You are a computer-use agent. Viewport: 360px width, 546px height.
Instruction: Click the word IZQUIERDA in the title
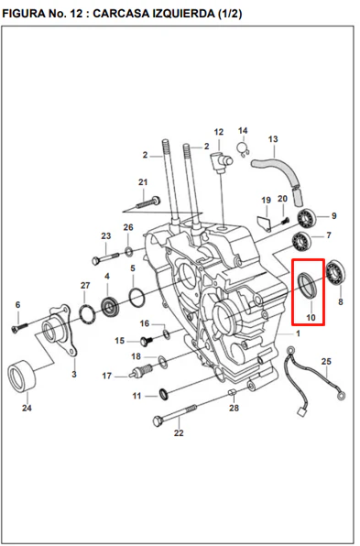tap(180, 14)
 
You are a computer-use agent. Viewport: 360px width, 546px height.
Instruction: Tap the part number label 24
tap(27, 408)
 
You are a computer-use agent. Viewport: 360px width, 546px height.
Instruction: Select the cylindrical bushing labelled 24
tap(22, 377)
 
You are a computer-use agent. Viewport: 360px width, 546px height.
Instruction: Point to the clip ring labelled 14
tap(243, 148)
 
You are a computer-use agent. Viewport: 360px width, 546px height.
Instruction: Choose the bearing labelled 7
tap(301, 241)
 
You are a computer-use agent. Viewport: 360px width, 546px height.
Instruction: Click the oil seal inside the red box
tap(309, 286)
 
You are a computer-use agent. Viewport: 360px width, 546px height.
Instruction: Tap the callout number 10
tap(311, 317)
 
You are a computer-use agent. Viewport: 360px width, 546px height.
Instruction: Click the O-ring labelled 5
tap(136, 295)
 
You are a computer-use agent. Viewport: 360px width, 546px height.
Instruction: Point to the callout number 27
tap(85, 286)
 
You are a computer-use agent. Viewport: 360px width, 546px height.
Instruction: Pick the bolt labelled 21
tap(147, 202)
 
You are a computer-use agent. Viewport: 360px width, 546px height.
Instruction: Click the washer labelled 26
tap(128, 250)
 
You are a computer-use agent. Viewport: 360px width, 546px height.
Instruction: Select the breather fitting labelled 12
tap(222, 162)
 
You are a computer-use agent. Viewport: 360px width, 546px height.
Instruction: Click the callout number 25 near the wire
tap(326, 362)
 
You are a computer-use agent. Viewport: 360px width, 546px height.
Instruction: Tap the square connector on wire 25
tap(301, 411)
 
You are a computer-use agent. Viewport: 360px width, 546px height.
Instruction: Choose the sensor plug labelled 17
tap(141, 371)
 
